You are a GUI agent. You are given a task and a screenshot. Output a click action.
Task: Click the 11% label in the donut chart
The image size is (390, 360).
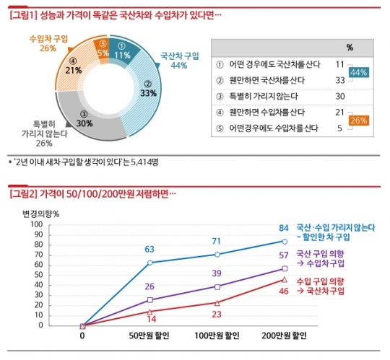122,54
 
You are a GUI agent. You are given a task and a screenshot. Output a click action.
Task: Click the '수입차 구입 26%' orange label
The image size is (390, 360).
48,43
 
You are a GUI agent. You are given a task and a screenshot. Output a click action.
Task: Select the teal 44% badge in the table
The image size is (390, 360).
359,72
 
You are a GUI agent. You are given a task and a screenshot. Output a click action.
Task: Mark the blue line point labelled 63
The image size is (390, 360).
149,262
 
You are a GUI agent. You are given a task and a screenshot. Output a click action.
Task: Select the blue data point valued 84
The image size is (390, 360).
285,241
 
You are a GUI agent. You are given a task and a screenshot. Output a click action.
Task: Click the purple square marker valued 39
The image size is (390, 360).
217,286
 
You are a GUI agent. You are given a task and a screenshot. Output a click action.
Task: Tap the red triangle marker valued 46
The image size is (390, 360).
285,279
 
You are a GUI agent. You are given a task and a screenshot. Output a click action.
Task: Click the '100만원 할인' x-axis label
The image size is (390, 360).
217,336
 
